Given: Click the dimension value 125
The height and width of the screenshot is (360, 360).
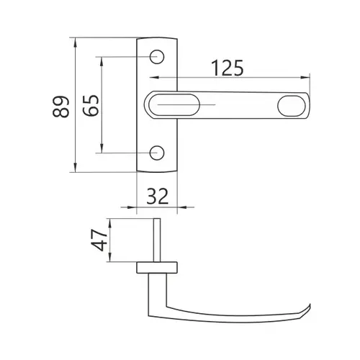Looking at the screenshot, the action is [228, 68].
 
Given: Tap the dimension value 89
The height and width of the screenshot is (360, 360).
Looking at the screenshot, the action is [61, 107].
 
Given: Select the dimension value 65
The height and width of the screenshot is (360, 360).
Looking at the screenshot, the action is [91, 106].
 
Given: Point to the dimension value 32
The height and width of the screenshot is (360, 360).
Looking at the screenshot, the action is [157, 197].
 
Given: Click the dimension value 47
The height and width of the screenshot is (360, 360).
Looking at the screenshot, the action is [99, 240].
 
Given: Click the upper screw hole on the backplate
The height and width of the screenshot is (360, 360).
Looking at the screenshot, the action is [157, 57].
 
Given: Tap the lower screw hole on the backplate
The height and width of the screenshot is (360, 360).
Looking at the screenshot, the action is [157, 153].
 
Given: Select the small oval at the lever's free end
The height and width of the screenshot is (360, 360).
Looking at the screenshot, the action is [292, 106].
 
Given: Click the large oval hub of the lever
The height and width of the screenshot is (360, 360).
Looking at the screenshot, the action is [174, 105].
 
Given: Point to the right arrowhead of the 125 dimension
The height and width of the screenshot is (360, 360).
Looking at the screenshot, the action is [305, 77].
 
